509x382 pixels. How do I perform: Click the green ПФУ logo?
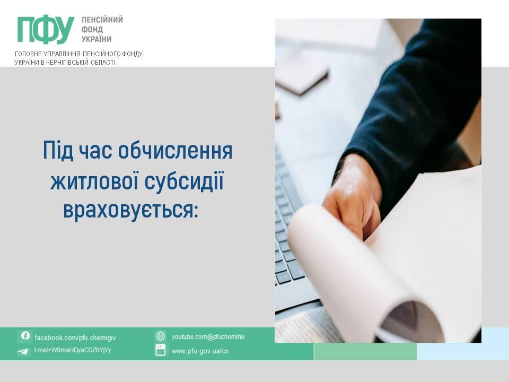pyautogui.click(x=46, y=30)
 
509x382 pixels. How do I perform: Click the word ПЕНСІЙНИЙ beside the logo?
pyautogui.click(x=102, y=20)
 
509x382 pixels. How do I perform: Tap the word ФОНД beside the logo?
pyautogui.click(x=92, y=29)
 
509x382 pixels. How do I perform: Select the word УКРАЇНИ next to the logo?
pyautogui.click(x=96, y=39)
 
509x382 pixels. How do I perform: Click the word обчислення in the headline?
pyautogui.click(x=175, y=150)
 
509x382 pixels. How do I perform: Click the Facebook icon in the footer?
pyautogui.click(x=25, y=336)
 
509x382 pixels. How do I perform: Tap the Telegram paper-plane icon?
pyautogui.click(x=23, y=351)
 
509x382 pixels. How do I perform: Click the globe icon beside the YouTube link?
pyautogui.click(x=160, y=336)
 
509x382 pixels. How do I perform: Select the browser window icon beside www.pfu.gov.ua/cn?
pyautogui.click(x=160, y=350)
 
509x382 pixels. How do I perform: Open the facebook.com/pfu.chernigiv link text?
pyautogui.click(x=75, y=338)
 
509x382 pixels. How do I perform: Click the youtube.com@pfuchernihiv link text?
pyautogui.click(x=208, y=337)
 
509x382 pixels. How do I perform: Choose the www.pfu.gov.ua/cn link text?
pyautogui.click(x=200, y=351)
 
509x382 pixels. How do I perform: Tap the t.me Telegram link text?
pyautogui.click(x=73, y=350)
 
